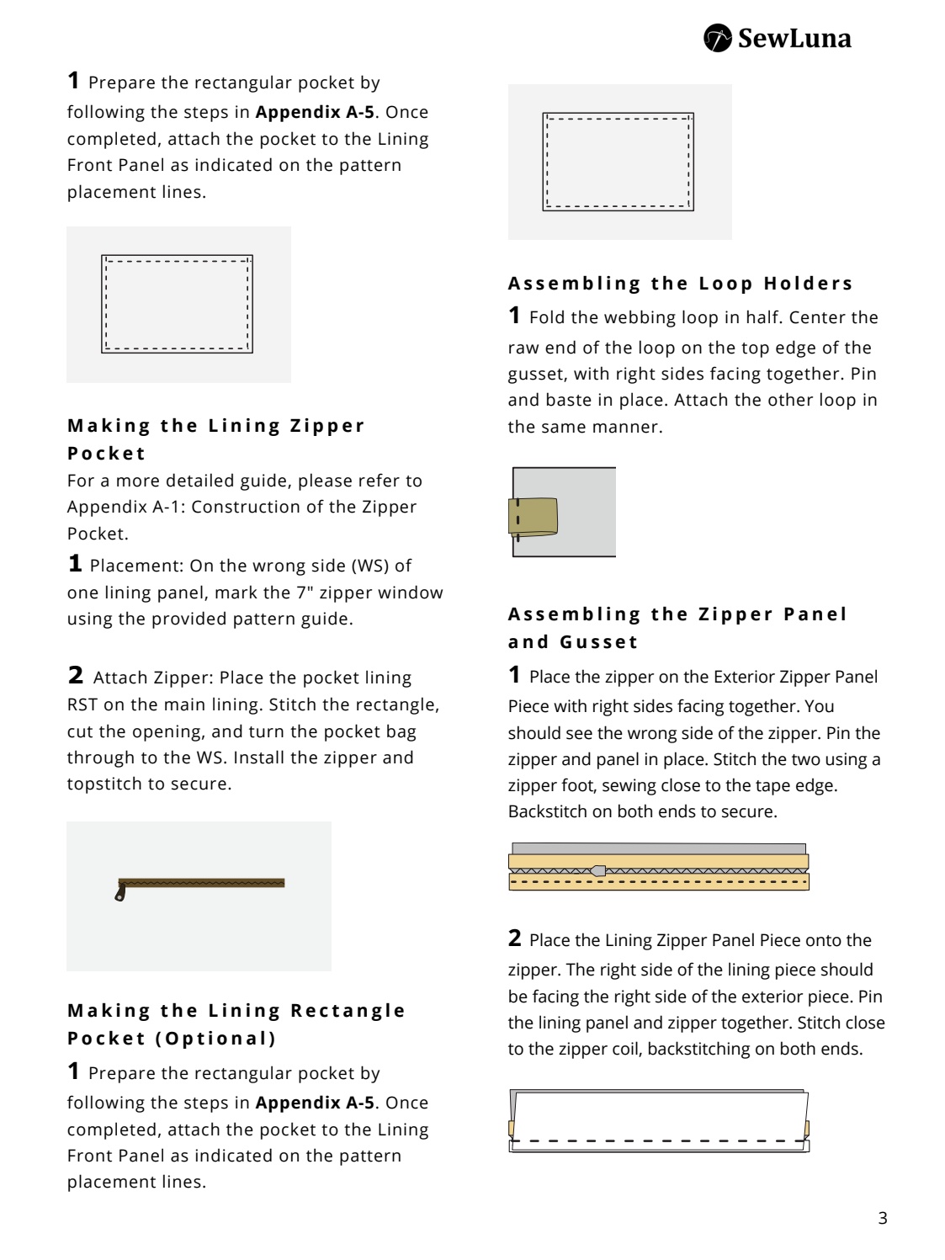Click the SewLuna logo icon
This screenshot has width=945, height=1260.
click(717, 38)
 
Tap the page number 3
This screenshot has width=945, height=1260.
click(882, 1218)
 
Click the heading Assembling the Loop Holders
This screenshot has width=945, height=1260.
click(680, 283)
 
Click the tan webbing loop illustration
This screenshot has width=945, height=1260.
click(534, 516)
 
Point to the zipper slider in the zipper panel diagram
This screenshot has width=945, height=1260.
click(597, 870)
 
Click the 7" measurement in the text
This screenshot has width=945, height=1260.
click(305, 593)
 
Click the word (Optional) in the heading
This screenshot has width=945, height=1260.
click(215, 1038)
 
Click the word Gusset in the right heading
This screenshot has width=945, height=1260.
click(598, 641)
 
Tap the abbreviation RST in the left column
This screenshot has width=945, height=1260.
click(82, 704)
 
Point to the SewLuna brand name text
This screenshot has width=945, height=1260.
click(794, 38)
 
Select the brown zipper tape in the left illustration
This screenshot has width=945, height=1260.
click(202, 883)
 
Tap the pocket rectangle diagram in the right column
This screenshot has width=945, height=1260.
click(618, 162)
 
